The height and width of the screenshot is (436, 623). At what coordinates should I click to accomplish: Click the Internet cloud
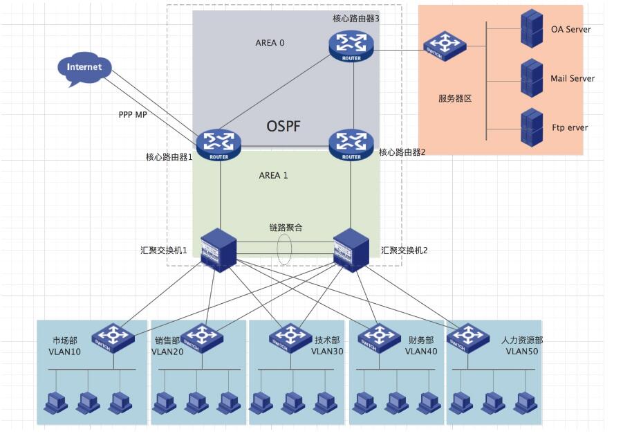(84, 69)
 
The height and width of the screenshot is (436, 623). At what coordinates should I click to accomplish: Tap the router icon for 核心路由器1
(218, 143)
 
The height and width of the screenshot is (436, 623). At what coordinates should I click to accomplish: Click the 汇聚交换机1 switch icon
(218, 249)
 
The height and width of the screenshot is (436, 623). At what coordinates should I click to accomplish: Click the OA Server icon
(531, 29)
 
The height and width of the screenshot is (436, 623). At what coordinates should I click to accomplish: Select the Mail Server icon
(531, 78)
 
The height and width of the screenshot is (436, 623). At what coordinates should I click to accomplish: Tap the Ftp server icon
(531, 127)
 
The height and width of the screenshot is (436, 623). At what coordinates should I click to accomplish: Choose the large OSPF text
(285, 127)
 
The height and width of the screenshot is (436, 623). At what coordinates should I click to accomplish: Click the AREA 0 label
(270, 43)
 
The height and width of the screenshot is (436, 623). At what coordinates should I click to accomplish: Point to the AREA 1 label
(273, 175)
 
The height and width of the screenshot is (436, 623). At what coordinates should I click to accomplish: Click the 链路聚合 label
(286, 228)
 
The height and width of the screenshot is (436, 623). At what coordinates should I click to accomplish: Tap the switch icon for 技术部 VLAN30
(289, 337)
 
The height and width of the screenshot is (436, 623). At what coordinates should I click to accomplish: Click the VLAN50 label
(522, 352)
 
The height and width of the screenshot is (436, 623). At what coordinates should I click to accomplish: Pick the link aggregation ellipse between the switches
(285, 249)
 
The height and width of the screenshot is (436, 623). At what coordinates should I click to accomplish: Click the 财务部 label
(421, 340)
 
